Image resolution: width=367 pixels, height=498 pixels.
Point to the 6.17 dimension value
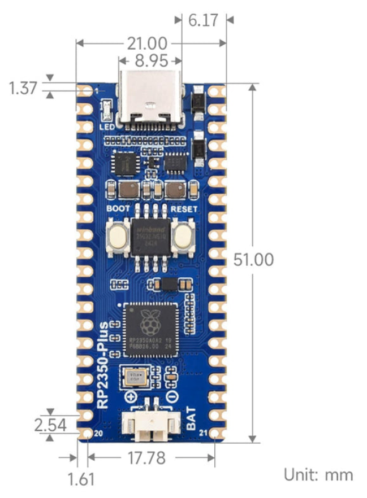point(202,21)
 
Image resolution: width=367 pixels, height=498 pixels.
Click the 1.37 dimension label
point(23,88)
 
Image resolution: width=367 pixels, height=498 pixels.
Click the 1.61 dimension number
point(81,480)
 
